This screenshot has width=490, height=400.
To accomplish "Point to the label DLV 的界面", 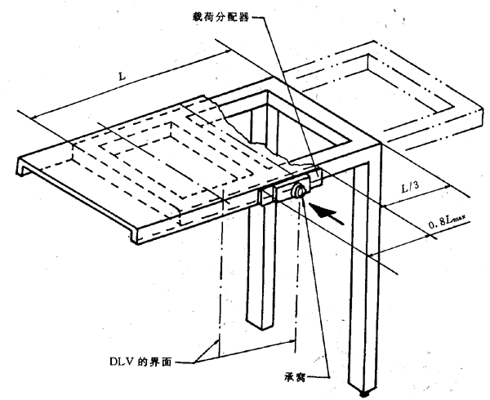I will click(150, 356).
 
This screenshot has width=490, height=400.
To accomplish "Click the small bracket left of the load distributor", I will click(266, 197).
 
